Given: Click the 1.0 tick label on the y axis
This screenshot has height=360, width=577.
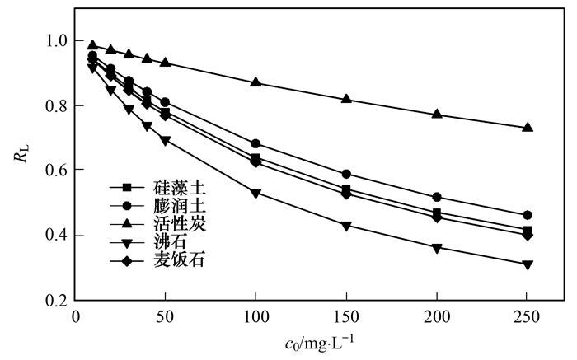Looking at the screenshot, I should [56, 40].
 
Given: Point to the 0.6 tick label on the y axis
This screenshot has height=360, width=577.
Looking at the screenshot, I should [56, 171].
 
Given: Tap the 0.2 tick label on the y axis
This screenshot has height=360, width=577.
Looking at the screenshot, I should [56, 301].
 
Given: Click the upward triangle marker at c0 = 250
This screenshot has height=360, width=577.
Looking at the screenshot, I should [528, 128].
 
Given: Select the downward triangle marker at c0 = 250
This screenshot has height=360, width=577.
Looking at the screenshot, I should [528, 264].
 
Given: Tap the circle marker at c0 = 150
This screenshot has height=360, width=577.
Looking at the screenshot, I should [346, 174].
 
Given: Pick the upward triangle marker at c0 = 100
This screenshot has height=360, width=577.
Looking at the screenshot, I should [256, 82].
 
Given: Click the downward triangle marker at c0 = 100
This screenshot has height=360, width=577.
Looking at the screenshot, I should [256, 194].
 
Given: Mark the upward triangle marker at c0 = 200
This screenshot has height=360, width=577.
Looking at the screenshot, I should [437, 114].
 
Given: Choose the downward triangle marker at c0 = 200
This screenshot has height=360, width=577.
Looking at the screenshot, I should [437, 248].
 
